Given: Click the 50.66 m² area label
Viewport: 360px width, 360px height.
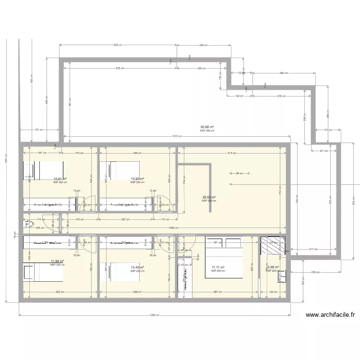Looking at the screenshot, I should (207, 127).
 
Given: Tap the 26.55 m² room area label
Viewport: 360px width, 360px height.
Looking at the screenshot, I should (208, 197).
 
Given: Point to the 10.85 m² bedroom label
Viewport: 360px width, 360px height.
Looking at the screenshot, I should (137, 179).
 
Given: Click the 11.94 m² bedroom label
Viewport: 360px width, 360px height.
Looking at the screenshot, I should (57, 262).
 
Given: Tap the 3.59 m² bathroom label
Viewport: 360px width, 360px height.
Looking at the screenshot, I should (273, 267).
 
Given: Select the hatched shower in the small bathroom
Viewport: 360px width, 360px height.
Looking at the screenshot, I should (273, 246).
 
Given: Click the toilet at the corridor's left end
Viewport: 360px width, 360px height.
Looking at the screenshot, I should (27, 224).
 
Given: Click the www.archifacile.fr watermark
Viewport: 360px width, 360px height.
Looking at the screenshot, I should (330, 315).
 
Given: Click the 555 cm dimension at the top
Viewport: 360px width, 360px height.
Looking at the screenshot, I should (117, 45).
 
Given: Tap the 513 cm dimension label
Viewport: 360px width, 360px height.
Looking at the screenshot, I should (232, 153).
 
